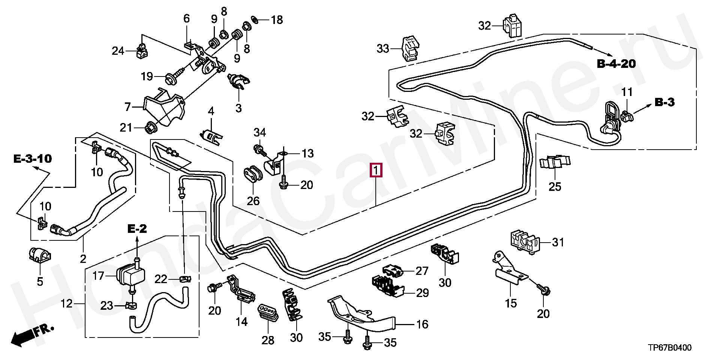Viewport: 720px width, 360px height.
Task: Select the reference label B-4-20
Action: click(616, 64)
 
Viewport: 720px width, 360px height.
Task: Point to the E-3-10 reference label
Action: click(32, 159)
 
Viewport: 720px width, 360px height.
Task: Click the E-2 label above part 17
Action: click(137, 228)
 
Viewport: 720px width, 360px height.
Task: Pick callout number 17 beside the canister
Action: click(98, 276)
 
